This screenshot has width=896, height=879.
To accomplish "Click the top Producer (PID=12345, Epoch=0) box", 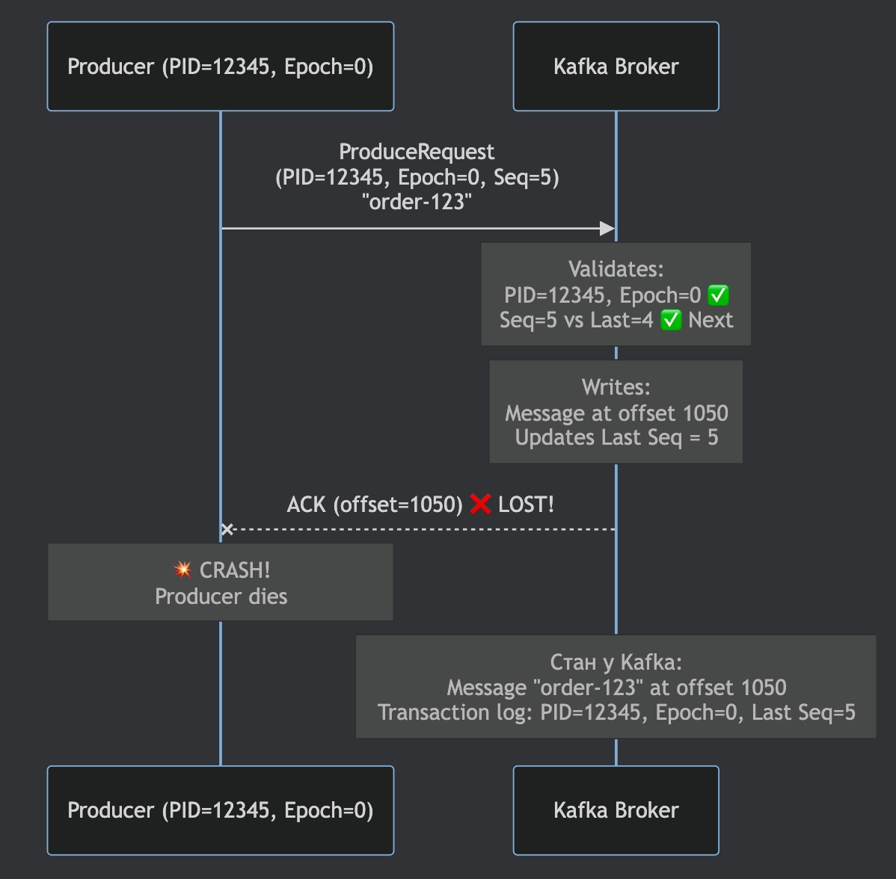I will (220, 67).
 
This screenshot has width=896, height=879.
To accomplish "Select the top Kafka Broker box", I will (616, 67).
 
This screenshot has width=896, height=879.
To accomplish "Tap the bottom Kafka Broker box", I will (616, 810).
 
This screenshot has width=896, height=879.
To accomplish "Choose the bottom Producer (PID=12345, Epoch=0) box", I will (220, 810).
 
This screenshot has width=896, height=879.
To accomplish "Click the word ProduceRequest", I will (417, 152).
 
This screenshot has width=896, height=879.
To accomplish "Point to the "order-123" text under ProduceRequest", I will (417, 202).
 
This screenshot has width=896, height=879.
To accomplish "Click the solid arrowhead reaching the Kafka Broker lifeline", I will (607, 228).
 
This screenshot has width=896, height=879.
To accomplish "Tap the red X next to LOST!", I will (480, 505).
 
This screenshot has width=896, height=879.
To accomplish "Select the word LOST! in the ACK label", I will (526, 505).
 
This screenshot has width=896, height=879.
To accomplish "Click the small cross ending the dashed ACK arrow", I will (227, 529).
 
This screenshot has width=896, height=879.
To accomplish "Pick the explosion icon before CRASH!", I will (182, 570).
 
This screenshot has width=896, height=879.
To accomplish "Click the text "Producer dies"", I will (221, 596).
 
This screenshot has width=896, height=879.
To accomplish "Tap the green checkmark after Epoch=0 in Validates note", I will (718, 295).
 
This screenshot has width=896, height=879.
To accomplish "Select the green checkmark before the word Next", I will (671, 321).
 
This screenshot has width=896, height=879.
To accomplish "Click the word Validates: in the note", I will (616, 269).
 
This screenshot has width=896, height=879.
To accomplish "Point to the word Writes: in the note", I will (616, 387).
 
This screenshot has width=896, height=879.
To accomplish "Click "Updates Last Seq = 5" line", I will (616, 438).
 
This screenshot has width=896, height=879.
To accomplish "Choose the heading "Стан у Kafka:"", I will (616, 662).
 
